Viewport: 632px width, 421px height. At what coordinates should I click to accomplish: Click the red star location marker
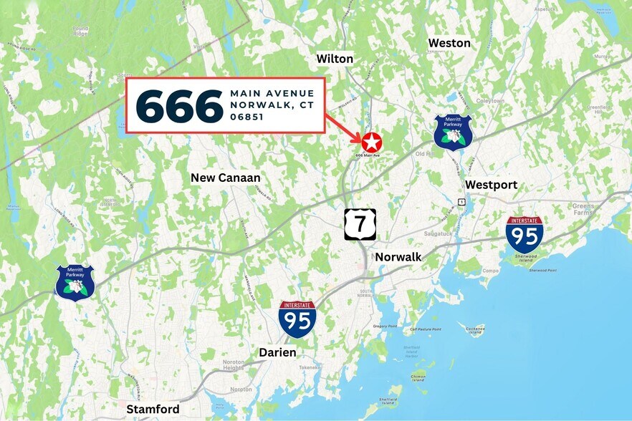(x=370, y=141)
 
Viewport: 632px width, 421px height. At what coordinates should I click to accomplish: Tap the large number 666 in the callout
(x=179, y=106)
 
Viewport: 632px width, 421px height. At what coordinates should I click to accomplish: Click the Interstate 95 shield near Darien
(x=297, y=319)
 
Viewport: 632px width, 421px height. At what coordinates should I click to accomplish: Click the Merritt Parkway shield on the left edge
(x=75, y=282)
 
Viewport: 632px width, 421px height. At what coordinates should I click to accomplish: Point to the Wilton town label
(x=335, y=59)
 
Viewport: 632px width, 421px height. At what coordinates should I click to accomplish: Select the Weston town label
(x=449, y=43)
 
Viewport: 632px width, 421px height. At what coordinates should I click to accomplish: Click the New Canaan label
(x=226, y=178)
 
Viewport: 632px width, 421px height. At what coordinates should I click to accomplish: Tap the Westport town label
(x=491, y=185)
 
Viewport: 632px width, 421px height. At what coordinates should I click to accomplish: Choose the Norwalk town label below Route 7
(x=398, y=256)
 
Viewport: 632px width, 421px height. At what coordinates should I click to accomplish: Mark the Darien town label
(x=277, y=352)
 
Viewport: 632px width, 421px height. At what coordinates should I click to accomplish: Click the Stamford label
(x=153, y=409)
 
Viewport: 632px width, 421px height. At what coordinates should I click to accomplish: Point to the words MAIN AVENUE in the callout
(x=272, y=93)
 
